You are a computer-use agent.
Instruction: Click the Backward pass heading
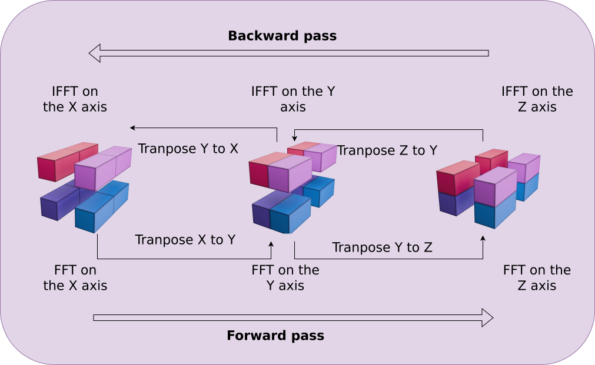282,36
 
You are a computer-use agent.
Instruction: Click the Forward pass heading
275,336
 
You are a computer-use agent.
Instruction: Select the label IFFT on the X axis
75,99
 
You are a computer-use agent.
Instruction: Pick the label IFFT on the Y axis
292,99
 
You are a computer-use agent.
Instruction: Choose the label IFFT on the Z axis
537,99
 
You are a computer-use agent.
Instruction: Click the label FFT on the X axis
75,278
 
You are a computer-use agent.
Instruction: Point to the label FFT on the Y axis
285,278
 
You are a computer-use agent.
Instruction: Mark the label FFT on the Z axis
537,278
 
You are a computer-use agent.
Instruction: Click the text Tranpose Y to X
188,149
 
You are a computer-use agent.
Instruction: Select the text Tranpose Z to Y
387,150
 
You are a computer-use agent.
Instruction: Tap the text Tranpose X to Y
185,240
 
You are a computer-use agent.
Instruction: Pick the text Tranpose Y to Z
382,247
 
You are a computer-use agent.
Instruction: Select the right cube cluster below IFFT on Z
488,188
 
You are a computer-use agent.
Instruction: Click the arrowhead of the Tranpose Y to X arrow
133,128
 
